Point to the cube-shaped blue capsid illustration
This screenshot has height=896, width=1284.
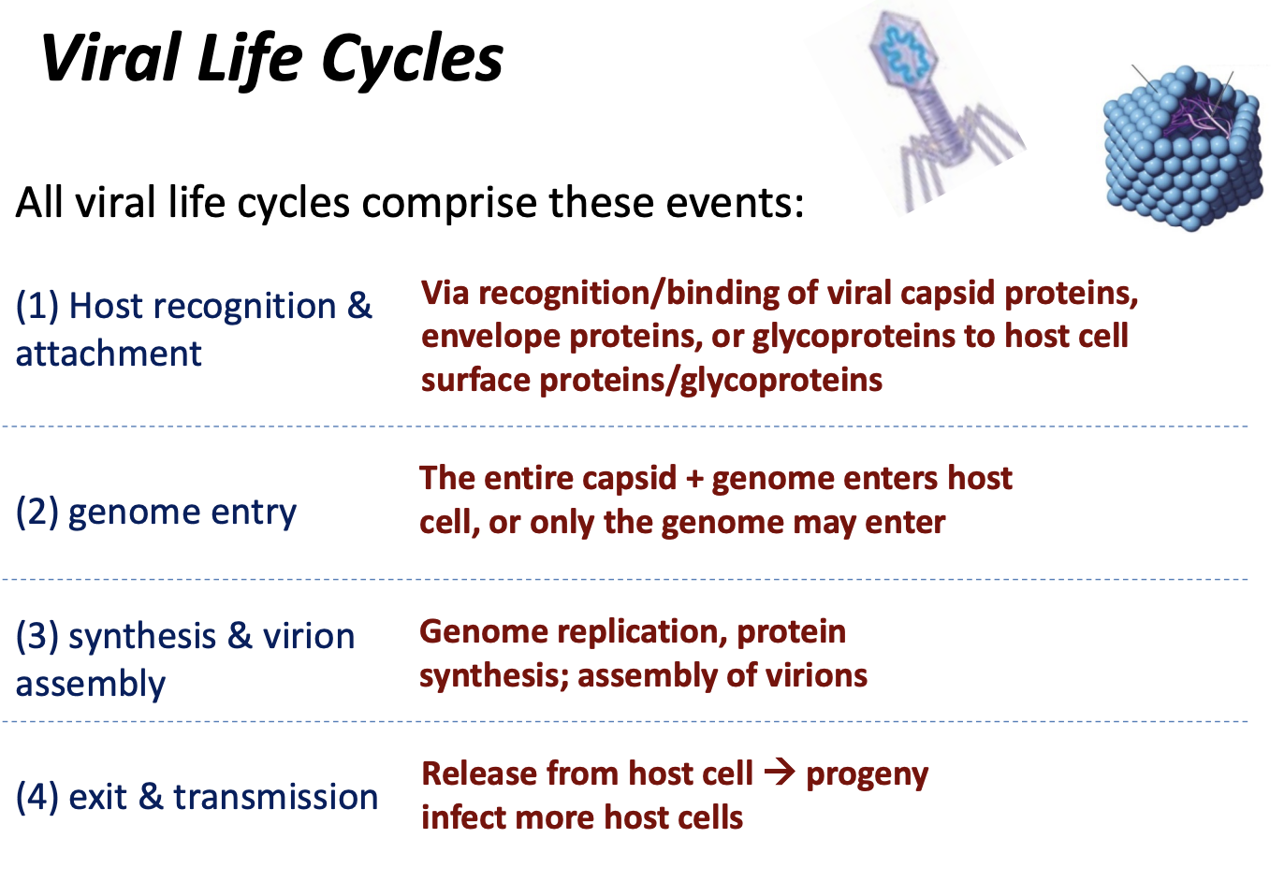pos(1181,150)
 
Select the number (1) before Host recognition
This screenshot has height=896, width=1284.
pos(37,306)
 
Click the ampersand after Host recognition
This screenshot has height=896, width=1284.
pos(359,306)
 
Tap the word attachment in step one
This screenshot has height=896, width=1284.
pos(109,354)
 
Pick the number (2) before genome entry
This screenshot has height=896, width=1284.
pos(37,512)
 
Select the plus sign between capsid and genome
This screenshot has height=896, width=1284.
pos(693,479)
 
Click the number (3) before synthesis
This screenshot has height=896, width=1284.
pos(37,636)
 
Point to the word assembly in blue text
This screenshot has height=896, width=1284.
pos(91,685)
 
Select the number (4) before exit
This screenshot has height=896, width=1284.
pos(37,797)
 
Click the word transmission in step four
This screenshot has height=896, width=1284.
pos(276,797)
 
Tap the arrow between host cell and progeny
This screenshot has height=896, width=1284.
pos(779,773)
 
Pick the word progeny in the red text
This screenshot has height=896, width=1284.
pos(867,774)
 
